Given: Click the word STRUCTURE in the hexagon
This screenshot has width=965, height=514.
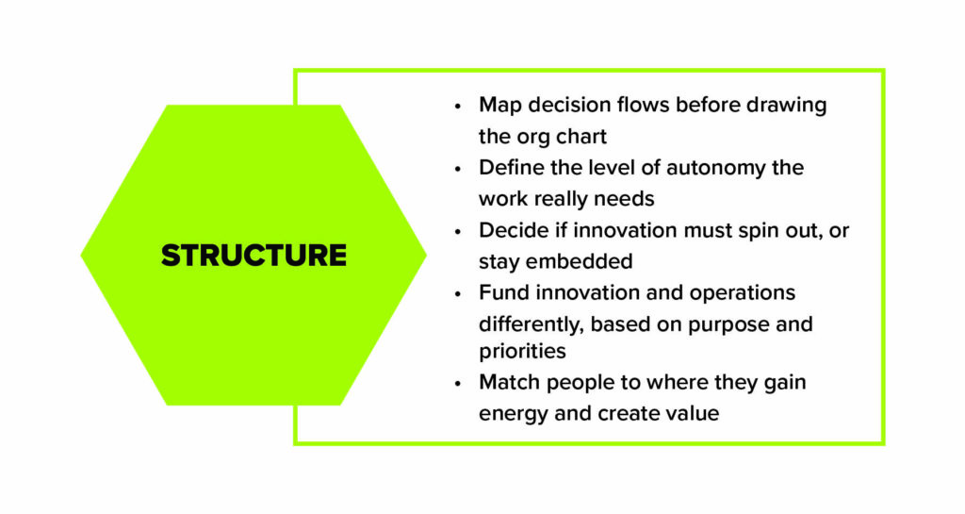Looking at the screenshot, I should (254, 256).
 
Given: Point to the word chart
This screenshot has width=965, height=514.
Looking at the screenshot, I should (578, 137).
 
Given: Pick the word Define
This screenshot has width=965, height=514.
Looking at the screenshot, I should (508, 168).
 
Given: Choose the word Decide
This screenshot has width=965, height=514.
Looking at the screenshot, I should (510, 230).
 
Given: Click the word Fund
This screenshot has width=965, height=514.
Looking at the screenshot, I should (500, 292).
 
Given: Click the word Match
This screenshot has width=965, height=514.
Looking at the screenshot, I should (507, 382).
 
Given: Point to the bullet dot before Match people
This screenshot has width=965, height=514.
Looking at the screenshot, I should (458, 384).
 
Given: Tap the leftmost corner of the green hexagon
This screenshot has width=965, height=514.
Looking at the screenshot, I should (83, 255).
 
